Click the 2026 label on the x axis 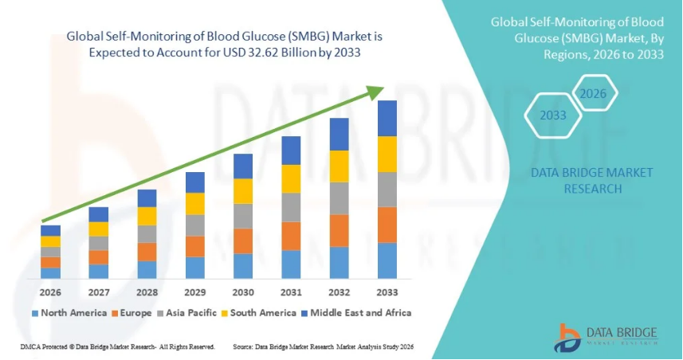51,292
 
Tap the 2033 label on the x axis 387,292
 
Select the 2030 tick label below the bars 243,292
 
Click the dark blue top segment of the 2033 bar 387,119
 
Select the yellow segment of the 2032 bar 340,166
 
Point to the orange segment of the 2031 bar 291,236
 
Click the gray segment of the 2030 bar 243,216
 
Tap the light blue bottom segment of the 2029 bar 195,268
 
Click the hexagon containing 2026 594,94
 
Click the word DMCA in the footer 29,347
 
